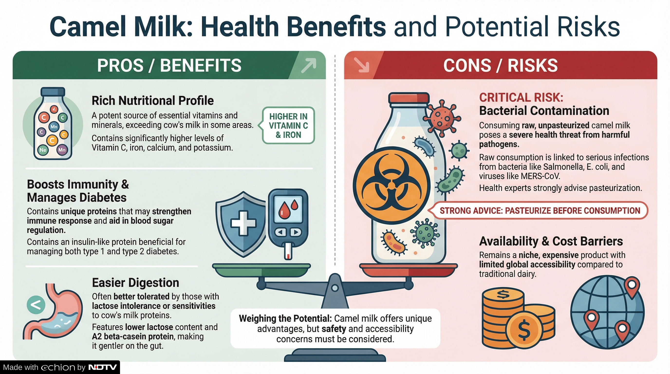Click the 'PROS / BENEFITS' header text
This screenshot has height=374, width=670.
click(x=169, y=65)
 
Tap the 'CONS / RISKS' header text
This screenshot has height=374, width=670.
click(x=500, y=65)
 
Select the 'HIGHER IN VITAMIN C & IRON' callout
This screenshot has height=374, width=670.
click(x=288, y=125)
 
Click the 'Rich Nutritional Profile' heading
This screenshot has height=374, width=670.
click(x=153, y=101)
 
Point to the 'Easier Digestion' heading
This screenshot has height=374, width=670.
click(x=136, y=283)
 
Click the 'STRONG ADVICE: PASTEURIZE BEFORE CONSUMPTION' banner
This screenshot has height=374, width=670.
click(x=540, y=210)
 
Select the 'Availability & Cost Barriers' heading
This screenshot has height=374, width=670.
click(x=551, y=241)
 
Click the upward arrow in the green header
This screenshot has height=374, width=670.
click(x=308, y=65)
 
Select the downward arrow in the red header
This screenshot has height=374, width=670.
click(x=362, y=65)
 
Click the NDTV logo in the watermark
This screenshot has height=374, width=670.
click(x=103, y=367)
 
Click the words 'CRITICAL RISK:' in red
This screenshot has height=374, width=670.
click(x=521, y=98)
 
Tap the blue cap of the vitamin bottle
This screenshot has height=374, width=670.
click(x=53, y=92)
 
